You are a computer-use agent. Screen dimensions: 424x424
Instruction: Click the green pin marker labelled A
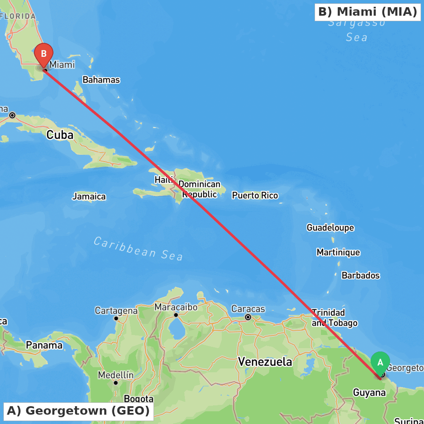(380, 363)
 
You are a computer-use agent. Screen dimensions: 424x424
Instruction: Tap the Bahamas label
(101, 80)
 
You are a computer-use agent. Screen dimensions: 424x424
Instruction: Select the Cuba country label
(60, 135)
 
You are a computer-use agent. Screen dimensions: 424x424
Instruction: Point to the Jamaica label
(89, 197)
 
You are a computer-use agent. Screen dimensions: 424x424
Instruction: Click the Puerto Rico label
(255, 195)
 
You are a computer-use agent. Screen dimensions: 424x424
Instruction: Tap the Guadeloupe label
(330, 228)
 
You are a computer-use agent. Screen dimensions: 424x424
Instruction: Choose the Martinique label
(338, 253)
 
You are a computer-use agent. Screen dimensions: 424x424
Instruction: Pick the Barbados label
(360, 276)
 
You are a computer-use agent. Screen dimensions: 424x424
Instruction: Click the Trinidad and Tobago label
(334, 318)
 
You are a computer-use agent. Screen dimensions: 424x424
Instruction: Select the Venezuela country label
(265, 362)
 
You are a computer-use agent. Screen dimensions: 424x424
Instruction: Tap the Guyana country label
(369, 393)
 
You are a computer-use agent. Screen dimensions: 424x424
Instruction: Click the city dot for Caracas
(248, 317)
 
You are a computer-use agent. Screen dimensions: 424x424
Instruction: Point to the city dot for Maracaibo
(176, 315)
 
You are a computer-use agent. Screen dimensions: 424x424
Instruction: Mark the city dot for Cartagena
(116, 318)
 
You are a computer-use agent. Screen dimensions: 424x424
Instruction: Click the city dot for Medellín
(116, 382)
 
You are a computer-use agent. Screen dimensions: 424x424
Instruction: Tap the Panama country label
(44, 345)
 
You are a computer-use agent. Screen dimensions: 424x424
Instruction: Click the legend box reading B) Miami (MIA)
(367, 12)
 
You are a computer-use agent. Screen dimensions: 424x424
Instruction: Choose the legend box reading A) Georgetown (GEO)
(78, 411)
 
